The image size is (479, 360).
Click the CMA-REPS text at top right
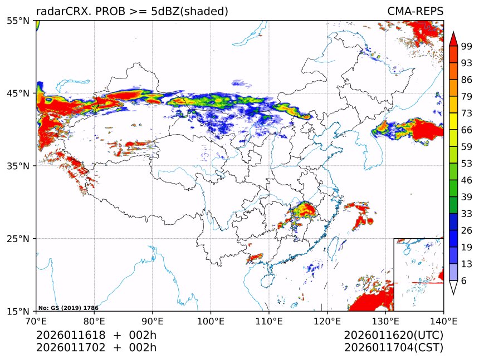pyautogui.click(x=415, y=11)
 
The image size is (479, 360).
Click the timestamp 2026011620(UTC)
pyautogui.click(x=393, y=335)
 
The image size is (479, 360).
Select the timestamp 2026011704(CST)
pyautogui.click(x=393, y=348)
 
